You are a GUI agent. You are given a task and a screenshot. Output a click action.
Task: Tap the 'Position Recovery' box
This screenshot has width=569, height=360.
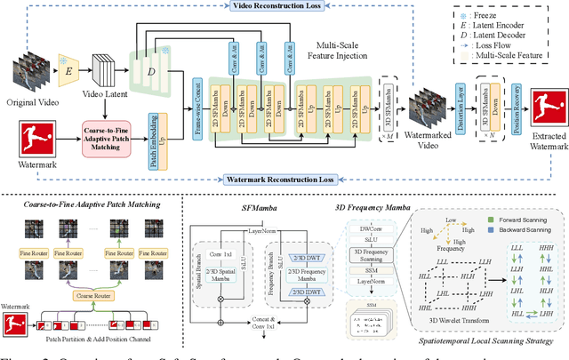coord(510,101)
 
